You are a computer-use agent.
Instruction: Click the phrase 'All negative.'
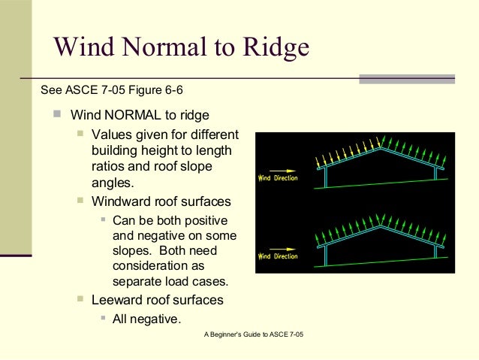point(146,319)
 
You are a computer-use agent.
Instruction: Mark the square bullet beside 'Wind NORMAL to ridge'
point(57,115)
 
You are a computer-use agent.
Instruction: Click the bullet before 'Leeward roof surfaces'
point(80,299)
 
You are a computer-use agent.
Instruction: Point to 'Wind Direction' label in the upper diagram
point(278,179)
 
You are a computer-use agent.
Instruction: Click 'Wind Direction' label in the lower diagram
point(278,256)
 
